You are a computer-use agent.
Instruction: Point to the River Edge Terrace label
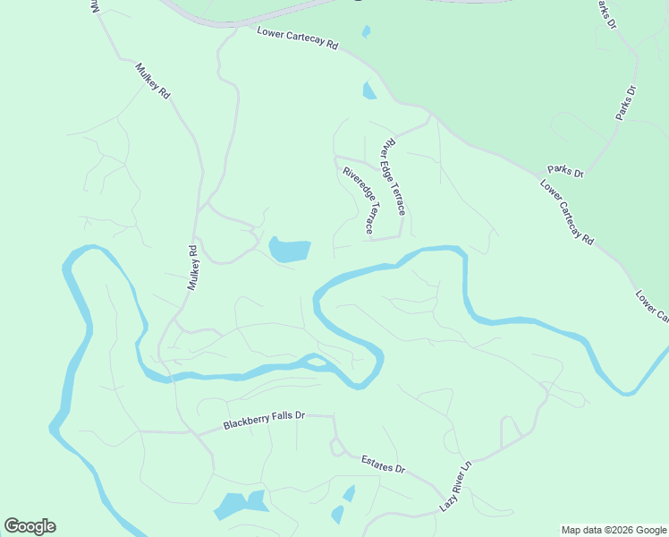point(394,176)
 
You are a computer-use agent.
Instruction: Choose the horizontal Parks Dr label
point(565,171)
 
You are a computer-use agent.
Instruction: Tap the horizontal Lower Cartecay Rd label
point(298,38)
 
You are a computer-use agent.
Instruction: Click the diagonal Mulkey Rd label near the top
point(153,81)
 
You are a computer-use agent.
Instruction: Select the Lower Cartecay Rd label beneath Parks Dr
point(567,212)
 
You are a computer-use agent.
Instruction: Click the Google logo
point(30,526)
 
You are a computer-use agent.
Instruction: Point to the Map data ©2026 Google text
point(614,530)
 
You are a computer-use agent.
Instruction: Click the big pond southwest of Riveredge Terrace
point(290,250)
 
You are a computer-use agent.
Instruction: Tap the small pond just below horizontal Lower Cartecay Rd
point(369,90)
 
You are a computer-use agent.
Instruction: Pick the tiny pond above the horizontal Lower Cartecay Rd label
point(366,32)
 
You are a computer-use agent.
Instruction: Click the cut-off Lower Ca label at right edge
point(652,305)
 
